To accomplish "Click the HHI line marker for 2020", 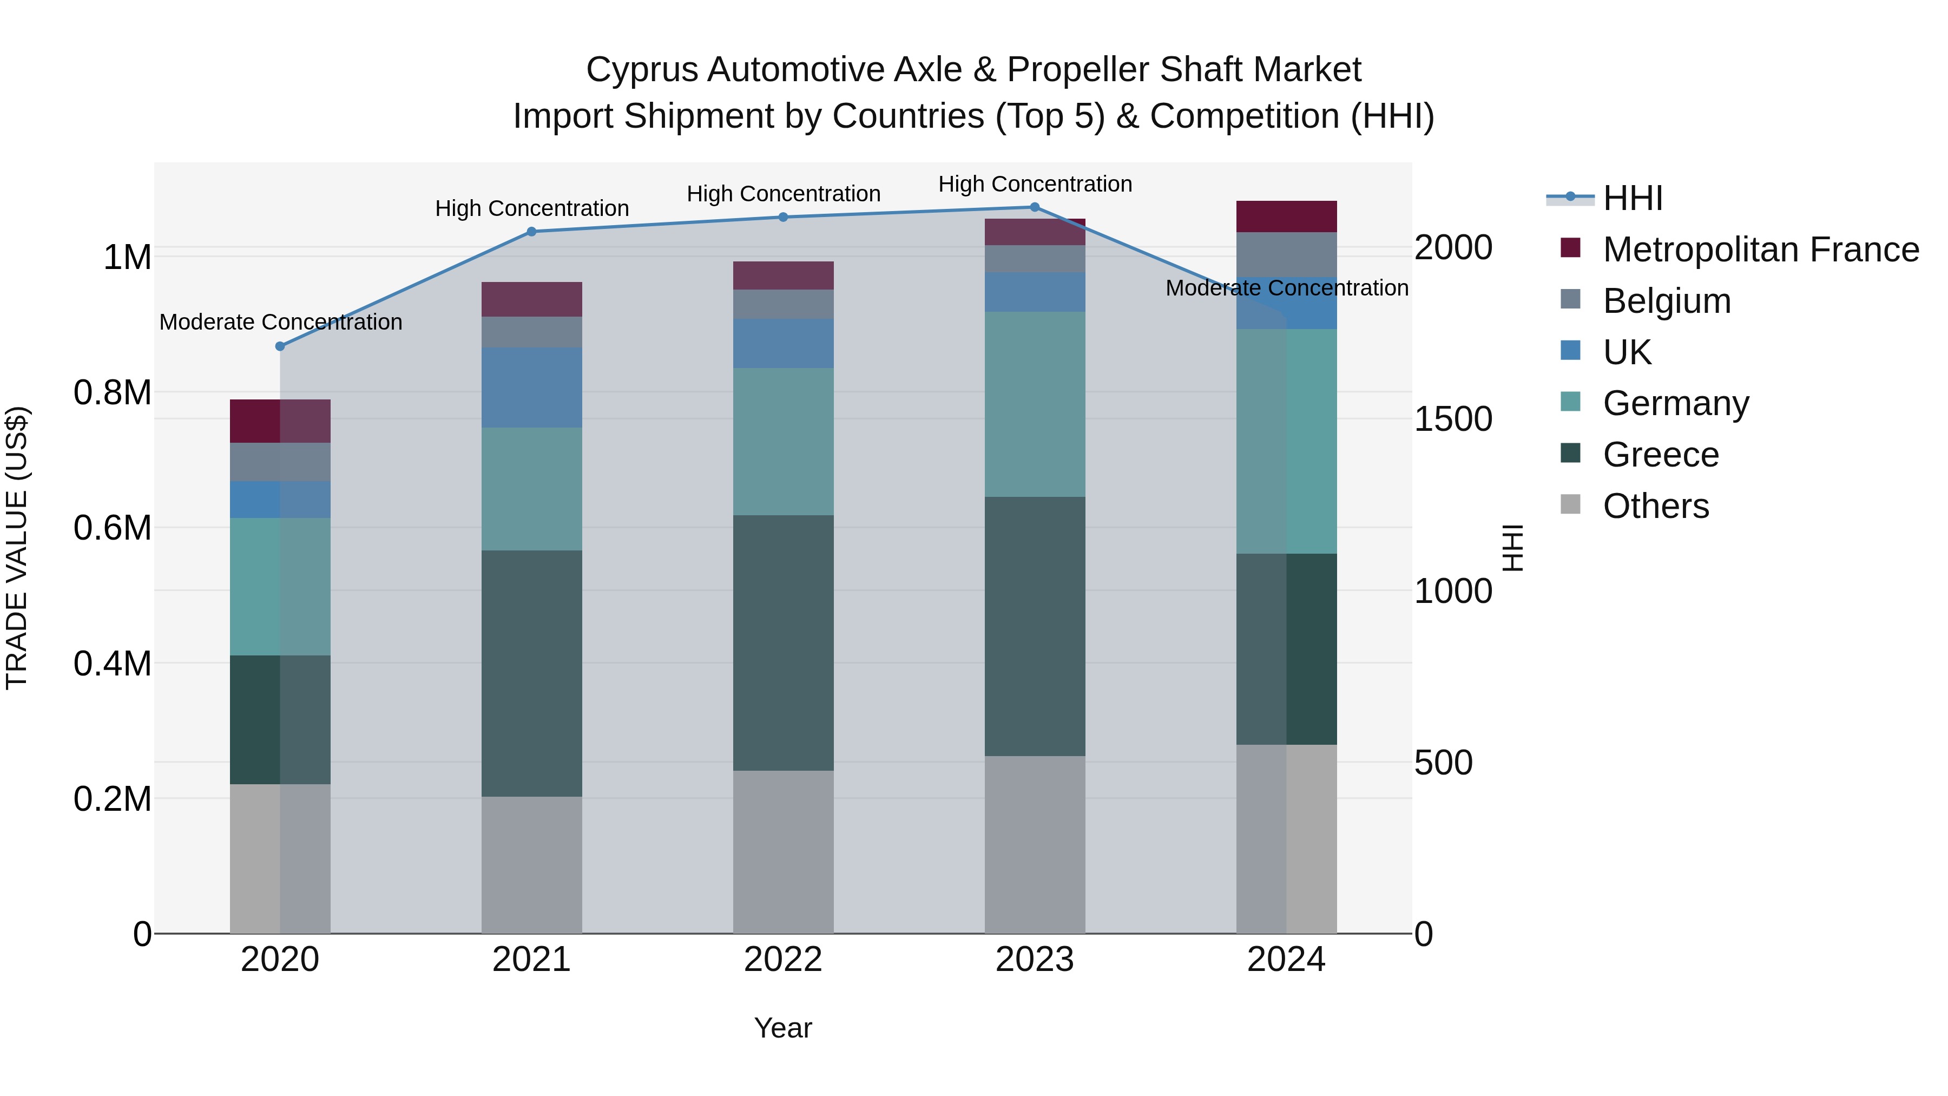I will coord(280,346).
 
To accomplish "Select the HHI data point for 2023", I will coord(1035,207).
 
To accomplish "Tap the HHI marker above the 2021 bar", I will coord(531,232).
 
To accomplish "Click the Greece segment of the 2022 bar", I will coord(784,643).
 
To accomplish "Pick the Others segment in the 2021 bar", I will coord(531,864).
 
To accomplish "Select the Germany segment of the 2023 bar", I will coord(1035,404).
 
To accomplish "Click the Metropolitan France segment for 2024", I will coord(1286,216).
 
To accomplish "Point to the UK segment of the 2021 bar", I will coord(531,388).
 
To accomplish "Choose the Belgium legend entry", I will coord(1666,301).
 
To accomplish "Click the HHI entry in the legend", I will coord(1632,198).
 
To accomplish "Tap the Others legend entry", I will coord(1655,506).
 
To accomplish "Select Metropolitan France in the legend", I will coord(1760,250).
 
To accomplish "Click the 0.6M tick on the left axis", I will coord(113,528).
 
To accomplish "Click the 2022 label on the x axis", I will coord(784,960).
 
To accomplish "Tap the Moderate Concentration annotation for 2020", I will coord(280,322).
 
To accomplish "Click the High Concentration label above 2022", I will coord(784,194).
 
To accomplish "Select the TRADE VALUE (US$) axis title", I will coord(17,548).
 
